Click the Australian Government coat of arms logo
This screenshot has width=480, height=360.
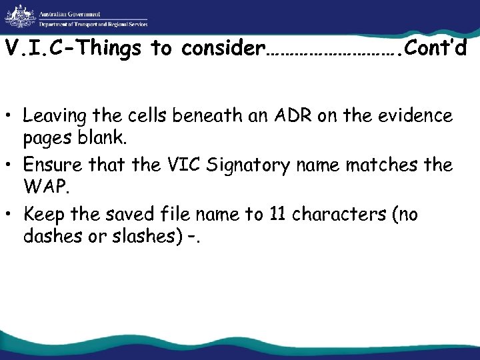(x=18, y=17)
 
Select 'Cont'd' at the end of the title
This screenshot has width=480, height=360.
(x=437, y=49)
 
